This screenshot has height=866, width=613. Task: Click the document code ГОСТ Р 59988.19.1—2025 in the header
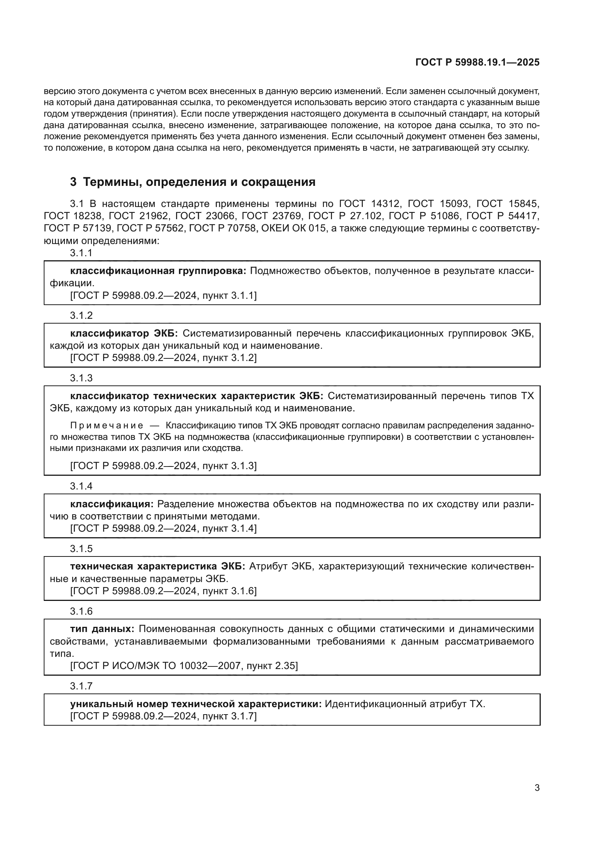477,62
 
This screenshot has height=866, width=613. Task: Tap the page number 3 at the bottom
537,788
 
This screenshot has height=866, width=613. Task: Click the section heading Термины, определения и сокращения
199,182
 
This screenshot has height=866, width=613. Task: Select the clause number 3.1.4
81,486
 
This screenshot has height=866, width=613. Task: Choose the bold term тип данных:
102,629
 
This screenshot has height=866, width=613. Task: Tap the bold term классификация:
112,504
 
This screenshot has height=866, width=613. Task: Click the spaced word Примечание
107,425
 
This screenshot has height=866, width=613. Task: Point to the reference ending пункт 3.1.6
229,591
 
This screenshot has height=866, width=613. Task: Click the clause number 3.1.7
81,686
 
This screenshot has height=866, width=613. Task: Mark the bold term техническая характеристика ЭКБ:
158,566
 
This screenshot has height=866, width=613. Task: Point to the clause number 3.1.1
81,253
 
